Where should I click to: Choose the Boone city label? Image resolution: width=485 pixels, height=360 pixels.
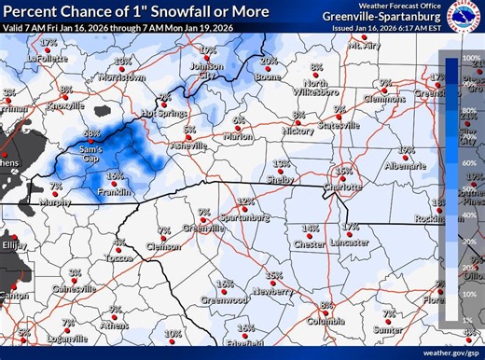[x=268, y=76]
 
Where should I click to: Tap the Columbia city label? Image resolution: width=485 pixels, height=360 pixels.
[x=326, y=322]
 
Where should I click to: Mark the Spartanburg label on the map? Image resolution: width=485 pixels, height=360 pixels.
[x=245, y=217]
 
